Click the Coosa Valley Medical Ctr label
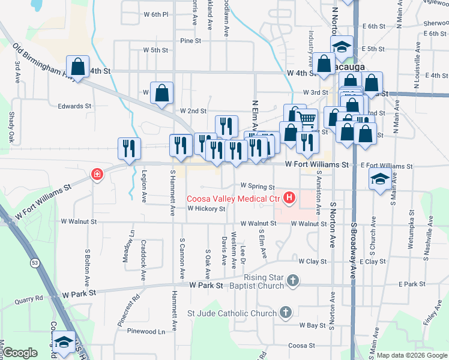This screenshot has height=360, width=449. pos(234,198)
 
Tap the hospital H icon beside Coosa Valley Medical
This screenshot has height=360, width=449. pos(291,197)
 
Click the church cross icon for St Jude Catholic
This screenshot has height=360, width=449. pos(286,312)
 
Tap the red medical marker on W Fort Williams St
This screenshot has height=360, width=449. pos(96,175)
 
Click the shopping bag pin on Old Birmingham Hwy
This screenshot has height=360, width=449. pos(78,66)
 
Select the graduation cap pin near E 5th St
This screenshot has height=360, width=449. pos(342,46)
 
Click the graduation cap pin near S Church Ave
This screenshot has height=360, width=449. pos(380,179)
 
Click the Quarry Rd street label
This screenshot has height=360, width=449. pos(29,296)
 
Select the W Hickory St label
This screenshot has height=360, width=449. pos(206,209)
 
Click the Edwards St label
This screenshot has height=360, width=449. pos(74,106)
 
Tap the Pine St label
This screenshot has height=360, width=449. pos(190,41)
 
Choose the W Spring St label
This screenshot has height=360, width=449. pos(257,187)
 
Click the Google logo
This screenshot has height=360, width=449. pos(20,353)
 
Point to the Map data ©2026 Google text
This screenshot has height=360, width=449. pos(411,355)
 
